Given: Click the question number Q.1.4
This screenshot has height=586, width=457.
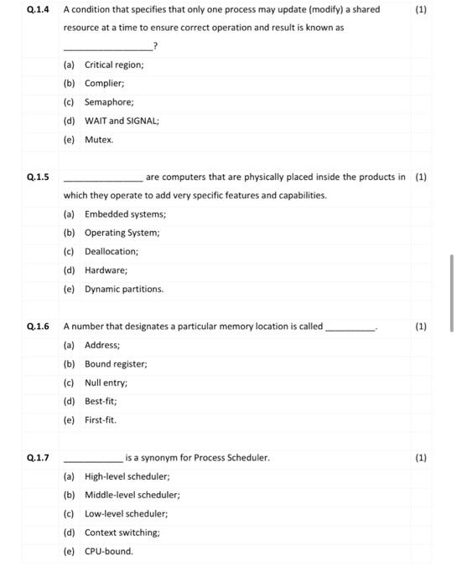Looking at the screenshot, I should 38,10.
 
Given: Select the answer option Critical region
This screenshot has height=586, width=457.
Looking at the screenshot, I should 114,64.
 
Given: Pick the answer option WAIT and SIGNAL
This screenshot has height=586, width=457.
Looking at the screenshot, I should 122,121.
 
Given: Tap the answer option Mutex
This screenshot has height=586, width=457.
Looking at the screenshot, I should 99,140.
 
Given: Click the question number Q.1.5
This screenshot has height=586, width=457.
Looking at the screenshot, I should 38,177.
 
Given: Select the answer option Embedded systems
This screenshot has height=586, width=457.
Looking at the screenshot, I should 125,214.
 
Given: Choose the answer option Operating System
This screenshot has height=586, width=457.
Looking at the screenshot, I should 122,233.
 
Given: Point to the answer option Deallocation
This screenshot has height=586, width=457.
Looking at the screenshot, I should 112,251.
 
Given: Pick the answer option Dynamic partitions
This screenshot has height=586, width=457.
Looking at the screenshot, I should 124,289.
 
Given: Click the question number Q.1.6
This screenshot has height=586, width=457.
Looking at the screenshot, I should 38,326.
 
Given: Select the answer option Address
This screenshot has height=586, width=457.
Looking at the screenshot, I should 102,345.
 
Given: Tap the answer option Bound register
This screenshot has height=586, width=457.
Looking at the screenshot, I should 116,364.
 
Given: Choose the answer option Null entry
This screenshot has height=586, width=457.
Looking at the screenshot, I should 106,383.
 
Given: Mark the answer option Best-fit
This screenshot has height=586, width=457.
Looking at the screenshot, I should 101,401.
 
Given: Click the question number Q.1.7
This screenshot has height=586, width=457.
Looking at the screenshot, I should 38,458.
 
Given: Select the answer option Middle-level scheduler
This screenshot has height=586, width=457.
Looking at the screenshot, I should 132,495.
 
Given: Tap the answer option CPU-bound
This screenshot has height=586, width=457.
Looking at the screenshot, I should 108,551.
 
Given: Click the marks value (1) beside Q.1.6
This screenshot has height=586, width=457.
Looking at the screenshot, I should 421,326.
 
